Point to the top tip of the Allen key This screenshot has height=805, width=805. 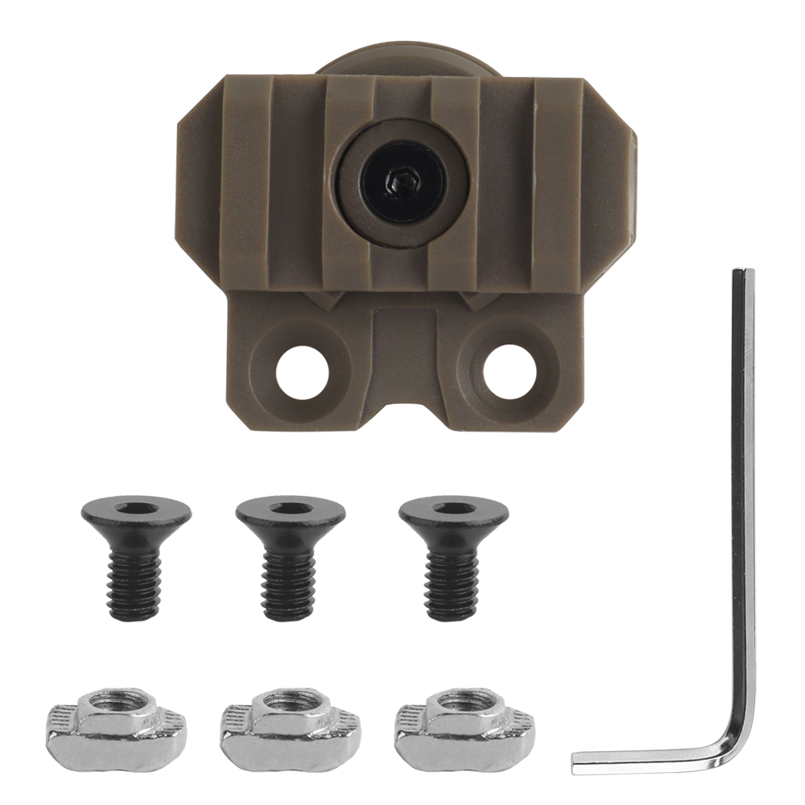[x=743, y=274]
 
